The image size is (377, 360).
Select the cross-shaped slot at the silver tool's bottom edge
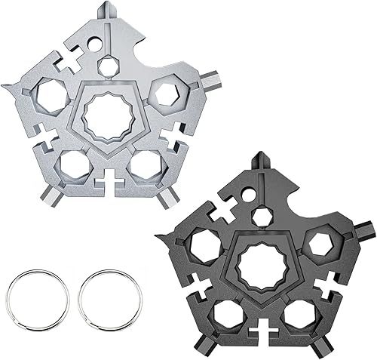click(x=109, y=184)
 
